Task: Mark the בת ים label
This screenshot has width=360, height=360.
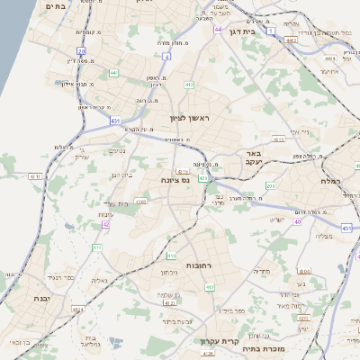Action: click(55, 5)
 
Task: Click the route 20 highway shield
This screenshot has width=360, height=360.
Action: click(81, 51)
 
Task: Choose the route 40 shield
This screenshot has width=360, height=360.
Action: click(298, 233)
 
